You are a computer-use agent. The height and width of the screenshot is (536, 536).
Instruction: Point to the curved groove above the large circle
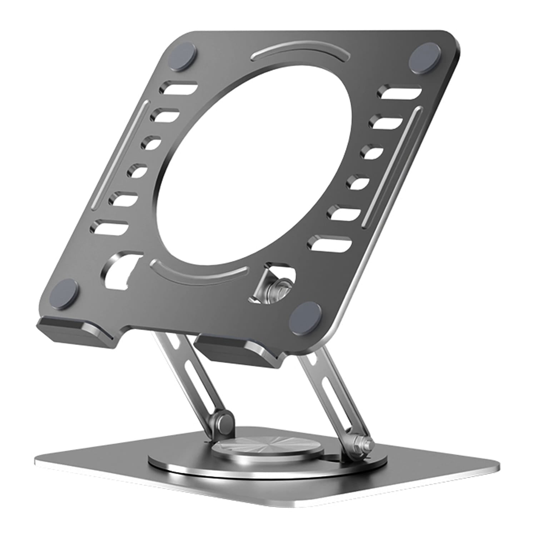point(301,54)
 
